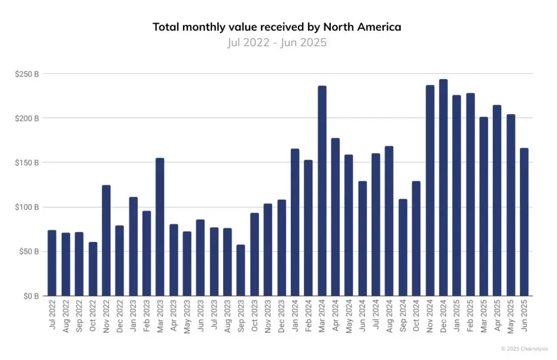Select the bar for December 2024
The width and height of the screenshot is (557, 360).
pos(443,189)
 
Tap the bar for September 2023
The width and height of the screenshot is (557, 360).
pos(241,270)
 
